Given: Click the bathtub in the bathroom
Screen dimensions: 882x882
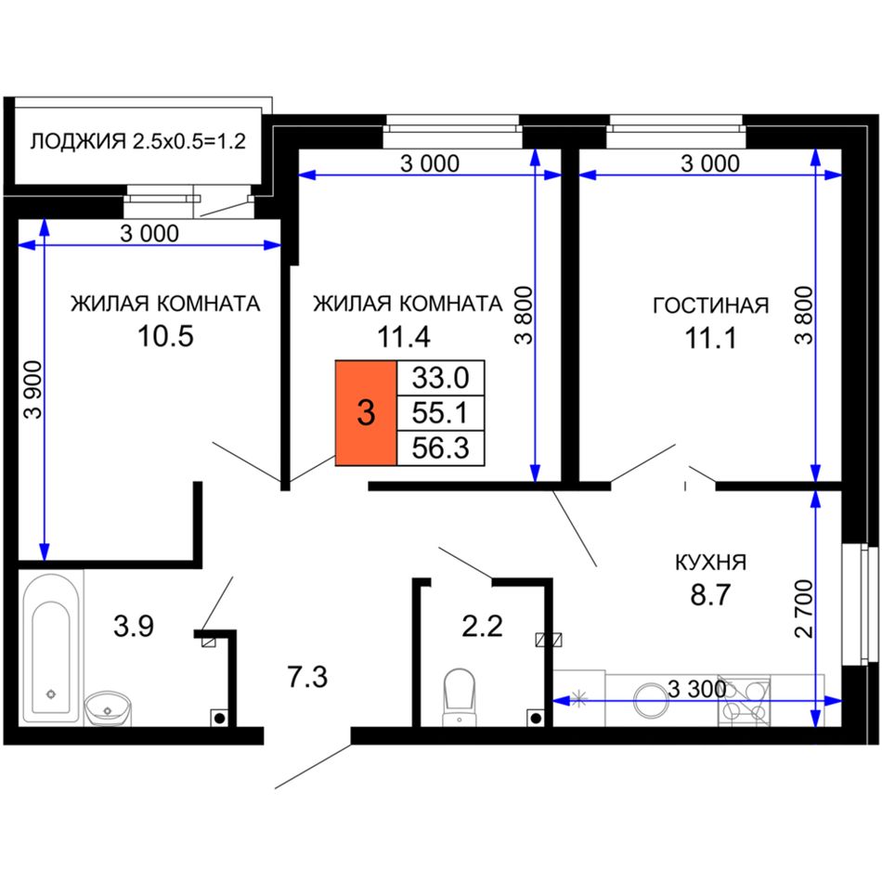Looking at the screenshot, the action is point(51,648).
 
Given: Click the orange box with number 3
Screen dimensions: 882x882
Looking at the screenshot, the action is point(366,413).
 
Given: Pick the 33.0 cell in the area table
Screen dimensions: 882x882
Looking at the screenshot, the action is point(440,378).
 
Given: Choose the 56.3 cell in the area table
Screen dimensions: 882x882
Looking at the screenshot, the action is point(440,448).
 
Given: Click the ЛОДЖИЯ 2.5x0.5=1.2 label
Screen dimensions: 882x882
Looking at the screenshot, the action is point(137,141).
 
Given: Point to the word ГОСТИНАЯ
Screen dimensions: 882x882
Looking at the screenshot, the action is point(710,305).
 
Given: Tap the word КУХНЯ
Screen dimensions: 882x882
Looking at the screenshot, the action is point(710,562).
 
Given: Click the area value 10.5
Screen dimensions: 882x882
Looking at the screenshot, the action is point(165,336).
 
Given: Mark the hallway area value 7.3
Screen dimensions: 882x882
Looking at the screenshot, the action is point(307,676).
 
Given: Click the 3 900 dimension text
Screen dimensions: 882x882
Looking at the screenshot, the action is point(34,389).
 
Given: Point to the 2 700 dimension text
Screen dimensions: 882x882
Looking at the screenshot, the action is point(804,608).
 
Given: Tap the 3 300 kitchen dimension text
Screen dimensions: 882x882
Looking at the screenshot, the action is point(696,689).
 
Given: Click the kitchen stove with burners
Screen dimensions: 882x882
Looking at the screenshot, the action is point(744,701).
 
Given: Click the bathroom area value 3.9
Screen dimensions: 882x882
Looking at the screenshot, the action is point(134,626).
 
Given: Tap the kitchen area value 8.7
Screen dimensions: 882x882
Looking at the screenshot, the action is point(710,594).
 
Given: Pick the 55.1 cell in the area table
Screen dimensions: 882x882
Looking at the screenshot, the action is point(440,413).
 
